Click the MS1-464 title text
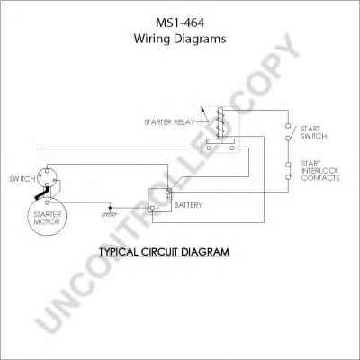(x=180, y=23)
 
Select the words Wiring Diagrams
(x=180, y=39)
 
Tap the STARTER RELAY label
(x=169, y=122)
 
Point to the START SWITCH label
(x=313, y=132)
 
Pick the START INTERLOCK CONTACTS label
(x=320, y=171)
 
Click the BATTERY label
(x=188, y=205)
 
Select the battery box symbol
(x=160, y=200)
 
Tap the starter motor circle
(x=47, y=217)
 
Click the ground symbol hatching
(x=110, y=214)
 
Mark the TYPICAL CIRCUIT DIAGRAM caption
(x=165, y=252)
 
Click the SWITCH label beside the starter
(x=22, y=179)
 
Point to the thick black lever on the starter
(x=41, y=193)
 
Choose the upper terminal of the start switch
(x=288, y=125)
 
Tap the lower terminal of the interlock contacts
(x=288, y=177)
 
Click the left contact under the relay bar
(x=209, y=148)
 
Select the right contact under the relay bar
(x=232, y=148)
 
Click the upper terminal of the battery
(x=168, y=192)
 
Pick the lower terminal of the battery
(x=152, y=208)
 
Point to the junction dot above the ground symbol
(x=110, y=208)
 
